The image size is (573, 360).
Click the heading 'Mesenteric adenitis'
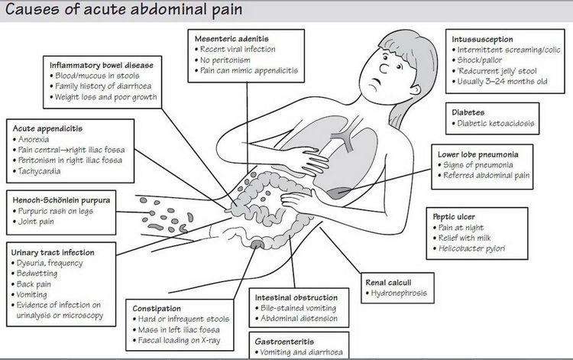click(x=231, y=39)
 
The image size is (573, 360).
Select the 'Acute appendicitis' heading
click(x=47, y=128)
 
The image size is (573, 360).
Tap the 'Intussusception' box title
click(x=482, y=39)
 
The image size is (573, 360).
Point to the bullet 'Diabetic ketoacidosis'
click(x=496, y=123)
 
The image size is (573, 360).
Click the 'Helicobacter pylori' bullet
click(x=471, y=248)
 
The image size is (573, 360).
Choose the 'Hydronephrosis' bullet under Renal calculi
click(x=399, y=293)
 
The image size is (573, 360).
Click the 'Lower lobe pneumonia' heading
click(x=478, y=154)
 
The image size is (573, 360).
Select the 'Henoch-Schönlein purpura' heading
click(x=61, y=200)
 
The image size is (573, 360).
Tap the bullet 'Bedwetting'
click(x=37, y=274)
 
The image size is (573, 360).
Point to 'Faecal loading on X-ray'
click(x=179, y=341)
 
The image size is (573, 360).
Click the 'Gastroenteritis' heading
click(x=284, y=342)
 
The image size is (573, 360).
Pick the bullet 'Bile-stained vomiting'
click(x=298, y=308)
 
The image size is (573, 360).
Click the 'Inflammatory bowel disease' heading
click(x=101, y=66)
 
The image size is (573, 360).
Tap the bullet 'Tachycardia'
click(x=40, y=171)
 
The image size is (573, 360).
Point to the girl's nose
click(x=384, y=68)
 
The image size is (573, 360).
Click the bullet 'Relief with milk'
click(x=465, y=238)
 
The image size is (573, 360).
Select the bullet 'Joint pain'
click(x=36, y=222)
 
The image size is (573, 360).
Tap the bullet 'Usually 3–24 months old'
click(x=502, y=82)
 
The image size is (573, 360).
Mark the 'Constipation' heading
click(x=157, y=309)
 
